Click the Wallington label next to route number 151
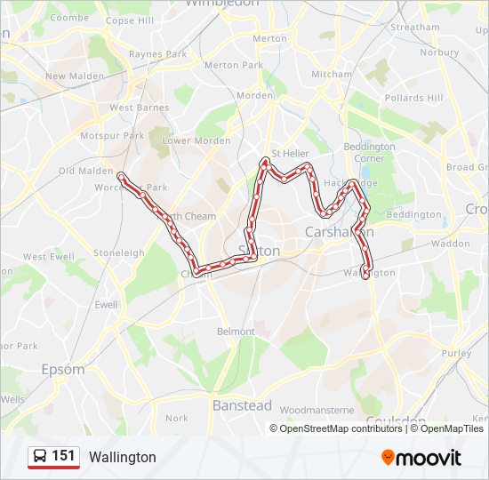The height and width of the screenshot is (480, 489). point(122,458)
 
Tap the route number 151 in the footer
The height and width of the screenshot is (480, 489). point(63,456)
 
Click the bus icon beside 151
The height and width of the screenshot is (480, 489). point(40,457)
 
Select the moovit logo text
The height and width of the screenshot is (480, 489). point(429,458)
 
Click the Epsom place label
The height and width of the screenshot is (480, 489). point(62,369)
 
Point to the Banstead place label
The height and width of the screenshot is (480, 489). point(242,405)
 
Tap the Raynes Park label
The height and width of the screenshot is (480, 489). point(157,54)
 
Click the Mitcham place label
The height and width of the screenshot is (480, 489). point(332,75)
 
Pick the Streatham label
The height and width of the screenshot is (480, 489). point(414,28)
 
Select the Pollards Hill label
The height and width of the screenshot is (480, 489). point(413,98)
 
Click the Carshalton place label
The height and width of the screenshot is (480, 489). point(339,231)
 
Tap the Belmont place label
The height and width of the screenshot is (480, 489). point(236,332)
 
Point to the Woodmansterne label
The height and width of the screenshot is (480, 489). point(317,410)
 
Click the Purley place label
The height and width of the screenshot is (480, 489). point(456,353)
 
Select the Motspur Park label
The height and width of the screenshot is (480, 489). point(112,136)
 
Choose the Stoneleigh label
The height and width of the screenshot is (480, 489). point(119,253)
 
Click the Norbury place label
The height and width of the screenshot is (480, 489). point(439,52)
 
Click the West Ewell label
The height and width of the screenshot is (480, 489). point(49,257)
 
